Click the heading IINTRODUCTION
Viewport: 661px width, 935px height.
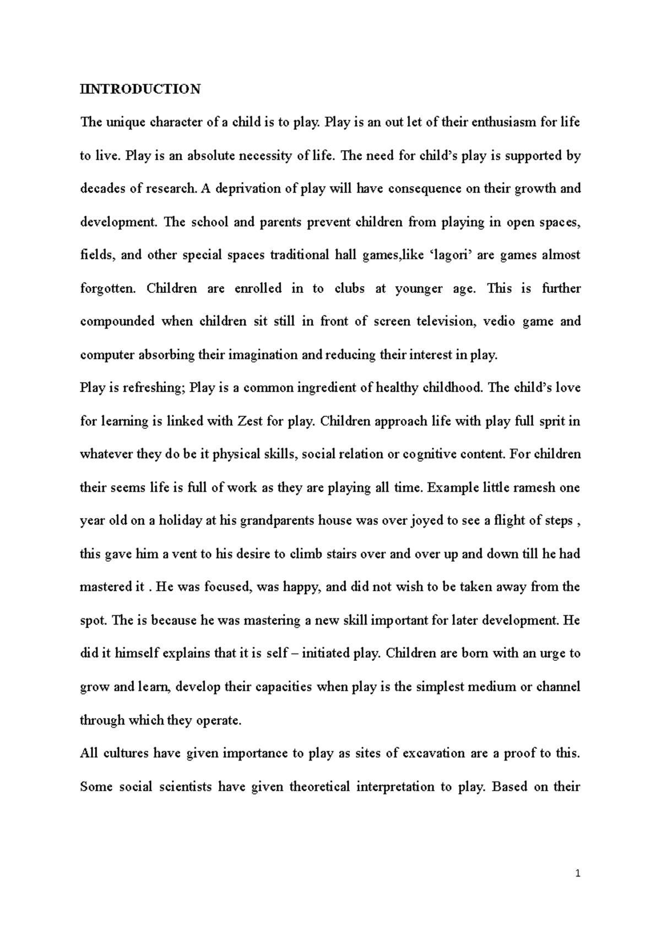click(x=140, y=89)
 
